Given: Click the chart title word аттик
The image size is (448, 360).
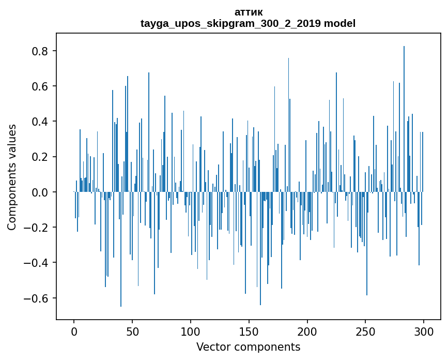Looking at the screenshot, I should point(248,12).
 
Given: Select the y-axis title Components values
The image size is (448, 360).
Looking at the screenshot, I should point(12,177).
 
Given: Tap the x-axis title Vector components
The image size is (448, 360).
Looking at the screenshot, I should point(248,347).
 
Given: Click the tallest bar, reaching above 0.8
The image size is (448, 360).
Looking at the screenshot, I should point(404,119).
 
